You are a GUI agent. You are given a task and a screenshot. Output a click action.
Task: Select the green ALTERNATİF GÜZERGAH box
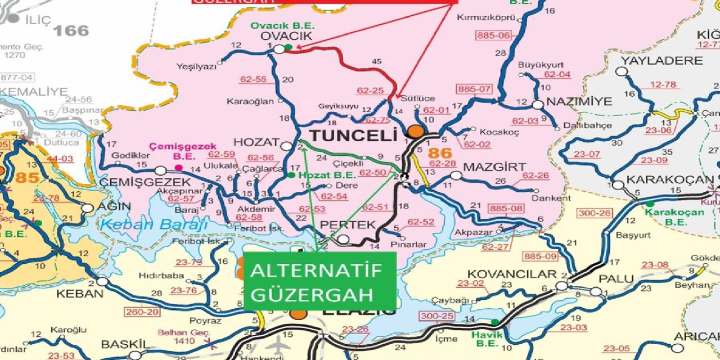tap(319, 281)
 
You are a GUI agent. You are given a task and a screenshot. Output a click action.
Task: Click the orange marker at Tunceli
tap(416, 132)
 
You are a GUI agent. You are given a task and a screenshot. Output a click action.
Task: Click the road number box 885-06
tap(493, 35)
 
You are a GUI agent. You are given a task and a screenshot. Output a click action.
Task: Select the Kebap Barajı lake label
tap(152, 224)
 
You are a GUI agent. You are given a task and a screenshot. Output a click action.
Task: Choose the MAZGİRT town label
tap(494, 167)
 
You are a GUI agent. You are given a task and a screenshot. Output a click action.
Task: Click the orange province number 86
tap(439, 153)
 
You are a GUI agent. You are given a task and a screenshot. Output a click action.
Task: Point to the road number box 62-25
tap(370, 91)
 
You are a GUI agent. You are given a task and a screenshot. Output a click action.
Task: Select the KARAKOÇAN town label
tap(669, 180)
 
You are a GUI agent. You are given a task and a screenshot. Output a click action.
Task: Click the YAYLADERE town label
tap(661, 60)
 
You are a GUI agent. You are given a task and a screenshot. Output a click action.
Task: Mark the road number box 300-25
tap(436, 316)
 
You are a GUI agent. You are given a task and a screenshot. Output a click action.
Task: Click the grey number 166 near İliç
tap(71, 30)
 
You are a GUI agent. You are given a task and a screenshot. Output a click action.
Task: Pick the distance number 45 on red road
tap(377, 61)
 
